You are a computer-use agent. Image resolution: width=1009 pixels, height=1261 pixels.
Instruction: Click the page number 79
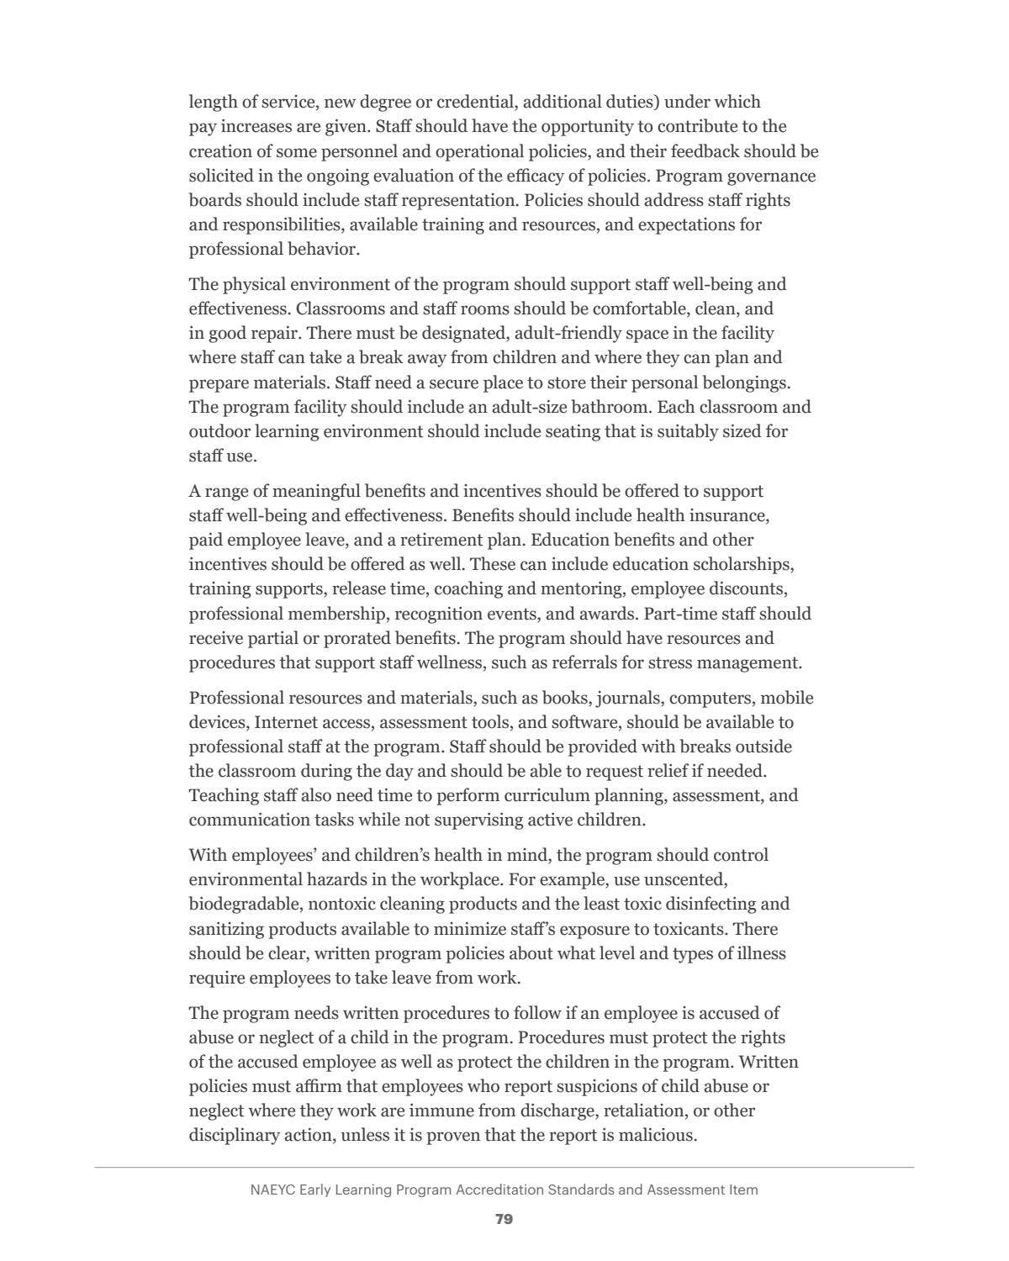point(504,1219)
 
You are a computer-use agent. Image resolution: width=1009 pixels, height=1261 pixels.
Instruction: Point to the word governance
point(771,176)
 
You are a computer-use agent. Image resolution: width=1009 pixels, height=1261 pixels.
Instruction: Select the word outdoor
point(219,431)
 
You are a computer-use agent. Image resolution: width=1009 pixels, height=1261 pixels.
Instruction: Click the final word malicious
point(657,1135)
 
